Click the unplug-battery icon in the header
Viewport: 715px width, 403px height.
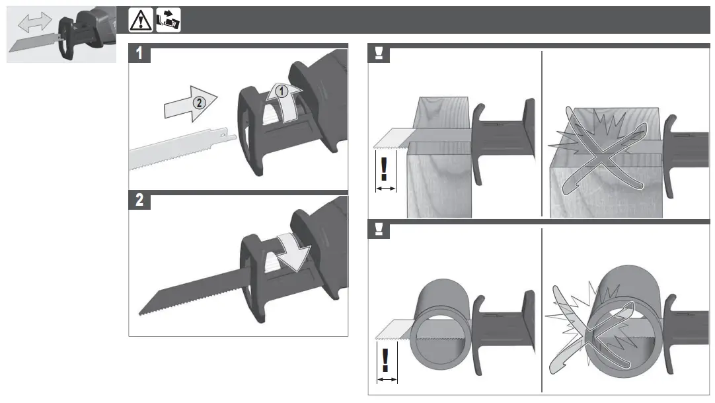[x=169, y=21]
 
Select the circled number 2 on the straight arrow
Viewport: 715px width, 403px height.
[x=198, y=103]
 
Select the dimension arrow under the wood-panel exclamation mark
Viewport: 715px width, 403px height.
[x=385, y=189]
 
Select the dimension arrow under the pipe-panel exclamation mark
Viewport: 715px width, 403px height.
[x=386, y=380]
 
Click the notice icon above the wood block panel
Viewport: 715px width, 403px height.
[x=379, y=54]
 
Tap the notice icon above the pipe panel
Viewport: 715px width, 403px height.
[x=379, y=230]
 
